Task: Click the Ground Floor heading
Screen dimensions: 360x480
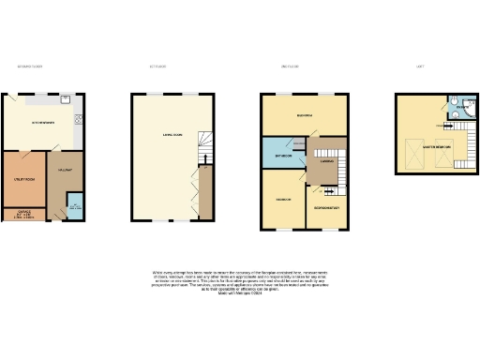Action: (x=31, y=67)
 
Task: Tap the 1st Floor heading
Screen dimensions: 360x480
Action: (x=157, y=67)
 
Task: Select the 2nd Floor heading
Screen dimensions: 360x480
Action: (x=290, y=67)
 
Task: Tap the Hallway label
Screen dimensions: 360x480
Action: (x=65, y=170)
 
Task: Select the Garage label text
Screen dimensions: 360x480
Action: (x=22, y=213)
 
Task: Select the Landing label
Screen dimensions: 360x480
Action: (x=327, y=161)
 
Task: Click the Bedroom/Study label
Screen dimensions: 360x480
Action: (x=326, y=205)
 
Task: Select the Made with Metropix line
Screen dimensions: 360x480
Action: (x=240, y=293)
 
